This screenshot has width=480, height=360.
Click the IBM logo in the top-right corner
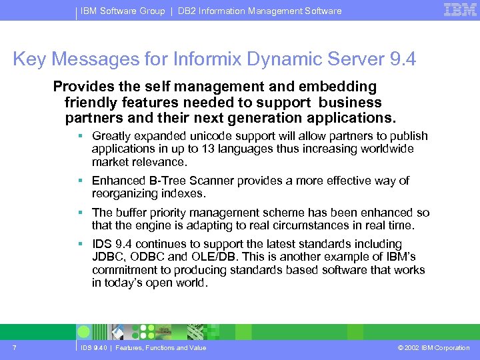point(460,9)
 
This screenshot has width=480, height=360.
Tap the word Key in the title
point(29,59)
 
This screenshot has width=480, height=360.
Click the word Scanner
point(204,181)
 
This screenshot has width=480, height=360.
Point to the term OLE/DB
point(219,257)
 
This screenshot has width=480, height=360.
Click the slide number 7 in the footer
point(14,347)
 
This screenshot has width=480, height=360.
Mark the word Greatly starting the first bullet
point(112,136)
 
